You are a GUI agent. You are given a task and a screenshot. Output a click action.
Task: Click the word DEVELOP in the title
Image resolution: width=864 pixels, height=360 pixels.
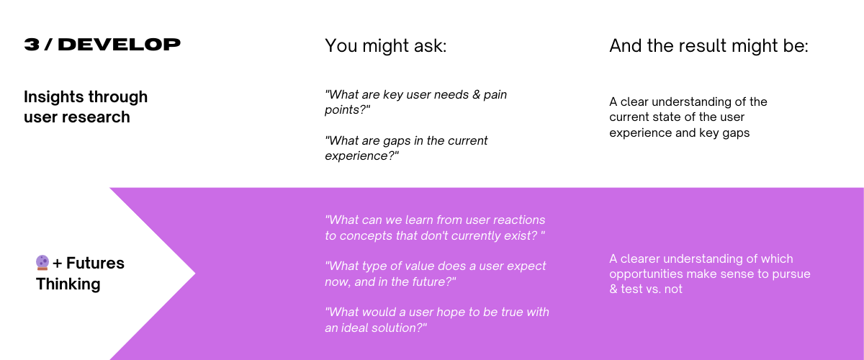pyautogui.click(x=119, y=45)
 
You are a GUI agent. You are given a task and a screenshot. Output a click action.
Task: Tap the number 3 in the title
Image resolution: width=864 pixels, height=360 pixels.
pyautogui.click(x=32, y=45)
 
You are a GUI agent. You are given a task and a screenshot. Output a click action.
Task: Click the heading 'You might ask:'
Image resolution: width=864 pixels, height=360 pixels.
pyautogui.click(x=385, y=46)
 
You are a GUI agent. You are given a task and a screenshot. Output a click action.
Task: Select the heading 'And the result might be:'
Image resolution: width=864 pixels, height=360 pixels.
pyautogui.click(x=708, y=46)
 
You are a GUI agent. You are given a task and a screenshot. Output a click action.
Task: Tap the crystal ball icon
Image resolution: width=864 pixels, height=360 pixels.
pyautogui.click(x=42, y=262)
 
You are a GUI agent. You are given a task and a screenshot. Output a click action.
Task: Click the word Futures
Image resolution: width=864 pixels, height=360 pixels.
pyautogui.click(x=95, y=263)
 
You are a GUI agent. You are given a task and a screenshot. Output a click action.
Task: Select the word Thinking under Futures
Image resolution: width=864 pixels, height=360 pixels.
pyautogui.click(x=68, y=284)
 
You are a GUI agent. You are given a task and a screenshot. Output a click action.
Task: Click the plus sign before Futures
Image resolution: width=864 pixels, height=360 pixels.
pyautogui.click(x=57, y=264)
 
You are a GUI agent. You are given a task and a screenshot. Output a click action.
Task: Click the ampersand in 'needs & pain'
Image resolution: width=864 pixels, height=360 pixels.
pyautogui.click(x=476, y=95)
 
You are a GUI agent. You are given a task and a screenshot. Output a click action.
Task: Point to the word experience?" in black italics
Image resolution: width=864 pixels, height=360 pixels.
pyautogui.click(x=361, y=156)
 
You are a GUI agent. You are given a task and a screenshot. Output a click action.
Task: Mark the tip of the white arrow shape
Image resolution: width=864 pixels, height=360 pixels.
pyautogui.click(x=195, y=274)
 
